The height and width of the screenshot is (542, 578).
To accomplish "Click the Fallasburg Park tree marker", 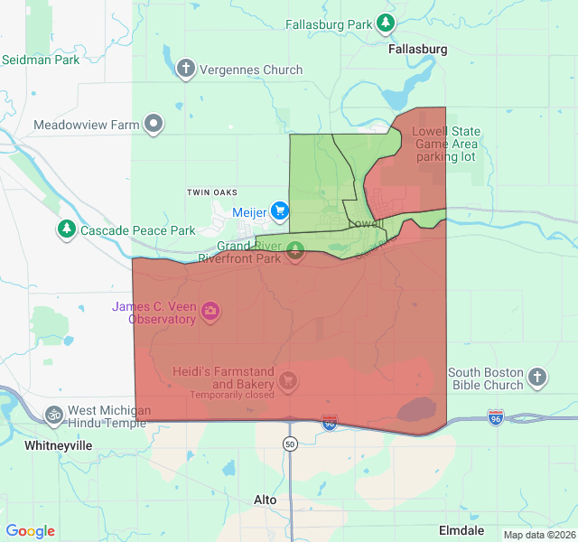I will [386, 23].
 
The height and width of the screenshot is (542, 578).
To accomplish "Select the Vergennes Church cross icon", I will [186, 69].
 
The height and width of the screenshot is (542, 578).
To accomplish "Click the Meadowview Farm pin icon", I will [154, 124].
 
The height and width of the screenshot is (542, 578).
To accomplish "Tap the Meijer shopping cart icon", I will [280, 211].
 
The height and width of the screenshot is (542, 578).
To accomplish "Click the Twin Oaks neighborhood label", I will [211, 192].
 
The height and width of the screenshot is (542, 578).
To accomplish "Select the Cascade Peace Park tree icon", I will [66, 229].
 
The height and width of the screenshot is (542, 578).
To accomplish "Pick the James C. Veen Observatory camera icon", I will [210, 312].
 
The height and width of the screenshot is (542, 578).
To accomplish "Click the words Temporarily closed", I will [231, 395].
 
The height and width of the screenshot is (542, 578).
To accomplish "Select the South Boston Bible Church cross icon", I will [537, 377].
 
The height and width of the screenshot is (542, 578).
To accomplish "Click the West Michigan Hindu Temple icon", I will [54, 415].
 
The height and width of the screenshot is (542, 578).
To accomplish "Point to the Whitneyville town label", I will [59, 445].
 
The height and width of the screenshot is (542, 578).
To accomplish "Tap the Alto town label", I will [266, 500].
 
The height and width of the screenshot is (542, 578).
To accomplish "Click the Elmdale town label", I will [461, 530].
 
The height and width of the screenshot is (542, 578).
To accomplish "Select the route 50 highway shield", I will [289, 444].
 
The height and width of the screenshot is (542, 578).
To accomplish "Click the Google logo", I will [31, 531].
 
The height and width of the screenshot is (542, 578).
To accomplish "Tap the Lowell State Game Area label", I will [445, 144].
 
